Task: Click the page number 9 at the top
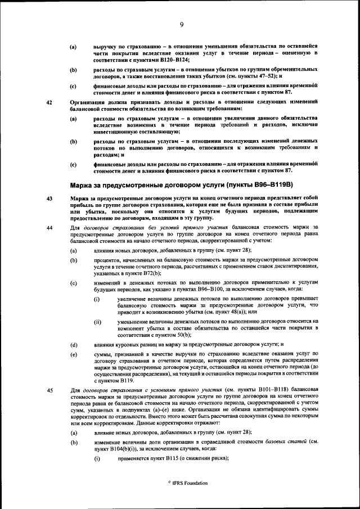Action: [182, 24]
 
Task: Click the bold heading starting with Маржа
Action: [183, 185]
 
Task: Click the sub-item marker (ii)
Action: [97, 321]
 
